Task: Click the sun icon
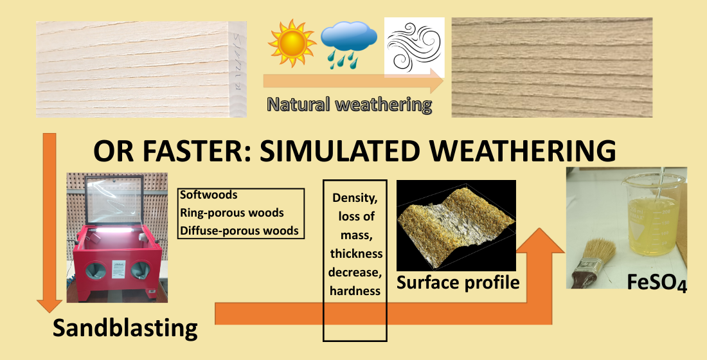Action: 292,43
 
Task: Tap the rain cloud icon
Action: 349,46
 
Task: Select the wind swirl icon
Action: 415,48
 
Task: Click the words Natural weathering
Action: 350,104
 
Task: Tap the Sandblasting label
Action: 125,327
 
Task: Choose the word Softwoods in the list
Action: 209,195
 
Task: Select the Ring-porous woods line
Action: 232,213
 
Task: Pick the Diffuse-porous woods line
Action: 240,231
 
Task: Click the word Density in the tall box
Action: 355,197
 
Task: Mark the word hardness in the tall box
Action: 355,291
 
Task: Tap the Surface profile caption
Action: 458,282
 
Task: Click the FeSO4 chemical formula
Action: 657,282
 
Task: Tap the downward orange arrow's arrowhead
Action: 49,305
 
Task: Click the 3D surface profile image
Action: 456,226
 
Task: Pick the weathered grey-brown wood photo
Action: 552,67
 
